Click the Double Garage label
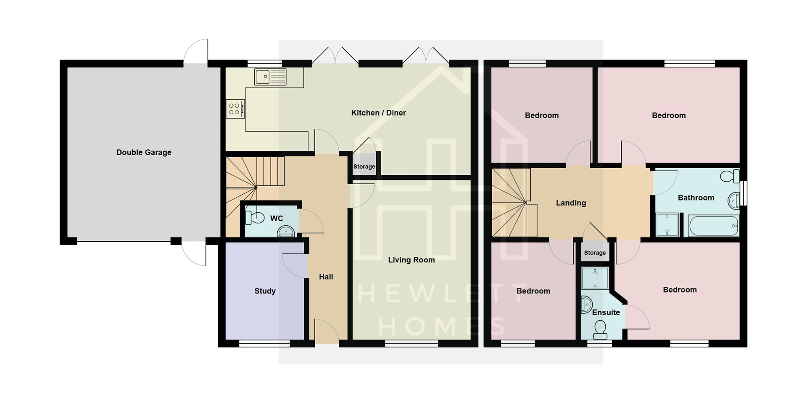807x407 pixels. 144,152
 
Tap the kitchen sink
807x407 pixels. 270,77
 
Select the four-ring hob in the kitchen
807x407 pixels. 235,109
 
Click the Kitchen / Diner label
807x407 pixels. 378,113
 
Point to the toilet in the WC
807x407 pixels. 255,218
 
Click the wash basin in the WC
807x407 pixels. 286,232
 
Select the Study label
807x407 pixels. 265,291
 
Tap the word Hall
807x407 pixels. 326,277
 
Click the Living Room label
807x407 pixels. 411,260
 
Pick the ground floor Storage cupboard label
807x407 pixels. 364,166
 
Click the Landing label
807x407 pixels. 571,203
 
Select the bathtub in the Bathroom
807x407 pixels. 714,226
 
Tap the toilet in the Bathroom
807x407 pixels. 730,176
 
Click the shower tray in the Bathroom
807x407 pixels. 667,225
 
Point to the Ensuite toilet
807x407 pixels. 600,329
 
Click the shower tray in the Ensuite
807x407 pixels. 595,278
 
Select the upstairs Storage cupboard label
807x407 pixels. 595,253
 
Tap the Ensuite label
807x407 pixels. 606,312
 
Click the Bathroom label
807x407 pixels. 696,198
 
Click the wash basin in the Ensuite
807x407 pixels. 586,304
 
